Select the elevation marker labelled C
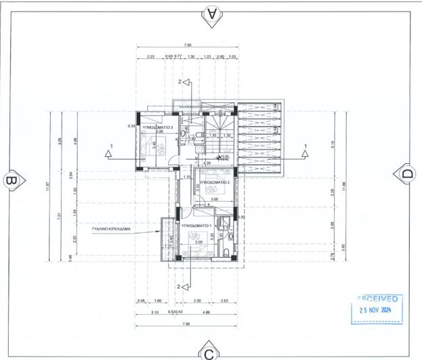pyautogui.click(x=209, y=352)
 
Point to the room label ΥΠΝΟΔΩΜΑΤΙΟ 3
pyautogui.click(x=161, y=127)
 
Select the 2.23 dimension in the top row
pyautogui.click(x=150, y=57)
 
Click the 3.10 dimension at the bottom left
pyautogui.click(x=154, y=312)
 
